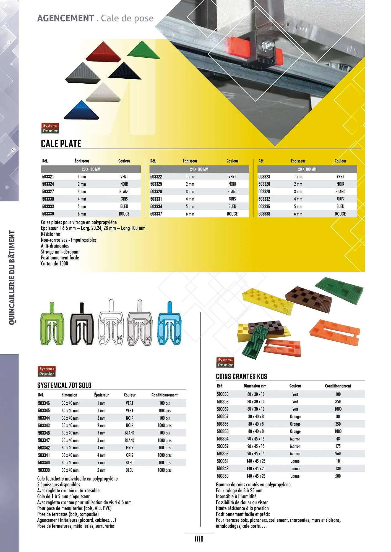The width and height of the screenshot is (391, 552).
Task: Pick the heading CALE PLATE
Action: click(61, 144)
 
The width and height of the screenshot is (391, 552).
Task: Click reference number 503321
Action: click(48, 177)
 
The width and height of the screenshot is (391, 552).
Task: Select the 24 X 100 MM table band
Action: click(199, 169)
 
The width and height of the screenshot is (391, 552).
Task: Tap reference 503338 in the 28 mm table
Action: click(264, 214)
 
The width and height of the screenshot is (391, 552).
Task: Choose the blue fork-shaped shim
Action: click(170, 325)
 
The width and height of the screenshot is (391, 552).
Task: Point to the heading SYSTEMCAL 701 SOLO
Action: click(64, 385)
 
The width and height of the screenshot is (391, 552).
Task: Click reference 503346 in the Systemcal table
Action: click(44, 403)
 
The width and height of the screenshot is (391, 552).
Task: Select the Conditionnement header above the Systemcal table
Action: click(165, 395)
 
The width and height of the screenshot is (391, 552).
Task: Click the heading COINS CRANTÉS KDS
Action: click(241, 376)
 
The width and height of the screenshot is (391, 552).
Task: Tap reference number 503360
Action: click(223, 394)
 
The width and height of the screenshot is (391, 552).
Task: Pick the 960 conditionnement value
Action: click(338, 453)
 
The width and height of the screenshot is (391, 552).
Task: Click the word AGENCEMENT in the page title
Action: click(66, 18)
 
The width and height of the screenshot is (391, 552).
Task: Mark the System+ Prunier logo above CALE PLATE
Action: click(50, 128)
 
